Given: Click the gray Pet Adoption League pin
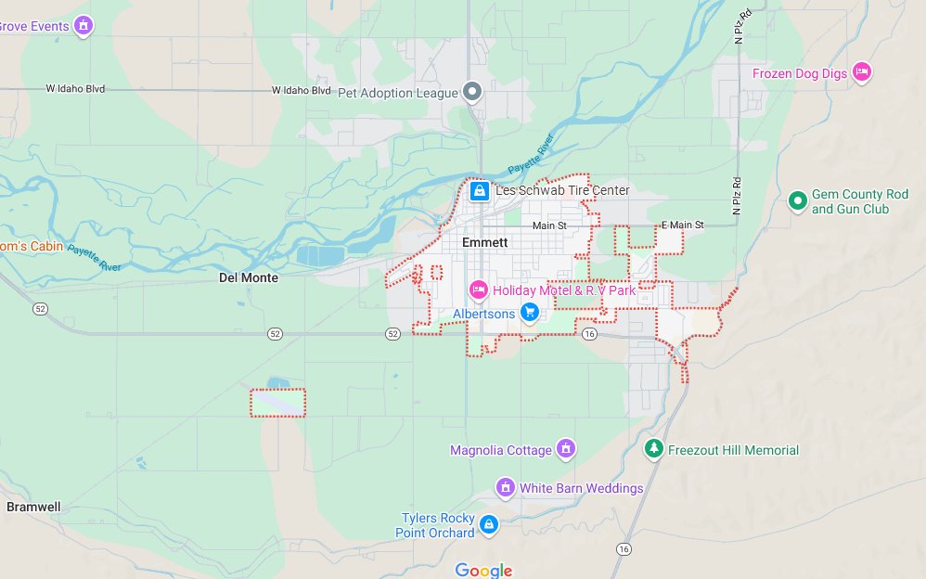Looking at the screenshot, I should (472, 92).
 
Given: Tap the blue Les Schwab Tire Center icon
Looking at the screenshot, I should (479, 191).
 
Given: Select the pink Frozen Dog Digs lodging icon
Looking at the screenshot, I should (862, 72).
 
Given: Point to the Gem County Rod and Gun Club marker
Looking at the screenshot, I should (796, 200).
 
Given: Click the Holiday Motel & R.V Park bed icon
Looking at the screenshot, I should (479, 290).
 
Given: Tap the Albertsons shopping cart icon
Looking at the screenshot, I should (529, 313).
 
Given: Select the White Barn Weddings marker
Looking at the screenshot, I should (506, 487).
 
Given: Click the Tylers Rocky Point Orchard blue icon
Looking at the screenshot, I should (489, 525).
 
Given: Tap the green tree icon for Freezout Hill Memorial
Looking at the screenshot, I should (654, 449).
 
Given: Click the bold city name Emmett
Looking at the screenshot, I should (485, 242).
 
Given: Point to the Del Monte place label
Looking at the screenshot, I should (248, 277).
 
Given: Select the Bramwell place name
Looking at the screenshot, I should (33, 507).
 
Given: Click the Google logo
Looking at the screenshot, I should (483, 570).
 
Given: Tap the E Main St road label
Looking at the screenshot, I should (682, 225).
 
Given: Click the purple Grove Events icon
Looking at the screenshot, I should (84, 25).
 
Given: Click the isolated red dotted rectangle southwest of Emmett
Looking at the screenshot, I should (277, 403).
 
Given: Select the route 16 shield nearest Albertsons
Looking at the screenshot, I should (589, 333).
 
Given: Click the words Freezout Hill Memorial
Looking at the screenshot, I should (734, 450).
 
